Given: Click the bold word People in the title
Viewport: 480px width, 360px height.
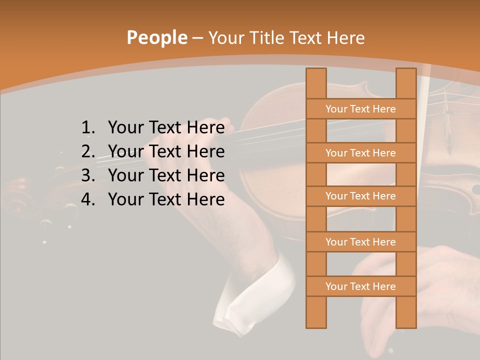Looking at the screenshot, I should coord(156,37).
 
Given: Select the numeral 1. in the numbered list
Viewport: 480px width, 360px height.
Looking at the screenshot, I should coord(88,128).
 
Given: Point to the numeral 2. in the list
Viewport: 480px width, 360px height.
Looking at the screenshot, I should coord(88,151).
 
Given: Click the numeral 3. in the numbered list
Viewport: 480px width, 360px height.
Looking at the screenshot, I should coord(88,175).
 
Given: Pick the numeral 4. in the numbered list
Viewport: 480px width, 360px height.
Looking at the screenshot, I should coord(88,199).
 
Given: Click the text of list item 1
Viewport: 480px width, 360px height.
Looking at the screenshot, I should coord(166,128).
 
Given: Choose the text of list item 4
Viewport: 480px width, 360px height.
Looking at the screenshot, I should coord(166,199).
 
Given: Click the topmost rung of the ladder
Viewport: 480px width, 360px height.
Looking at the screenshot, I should coord(360,109).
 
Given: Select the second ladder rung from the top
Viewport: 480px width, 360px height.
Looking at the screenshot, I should coord(360,153).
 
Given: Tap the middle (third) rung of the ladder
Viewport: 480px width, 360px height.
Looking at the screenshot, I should coord(360,196).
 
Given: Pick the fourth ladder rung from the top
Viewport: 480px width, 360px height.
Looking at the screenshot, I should coord(360,242).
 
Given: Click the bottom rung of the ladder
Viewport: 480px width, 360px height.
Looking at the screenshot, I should coord(360,286).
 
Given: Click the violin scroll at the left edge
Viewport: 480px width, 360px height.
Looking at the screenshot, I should coord(20,200).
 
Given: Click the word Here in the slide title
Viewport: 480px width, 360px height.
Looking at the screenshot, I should coord(345,38).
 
